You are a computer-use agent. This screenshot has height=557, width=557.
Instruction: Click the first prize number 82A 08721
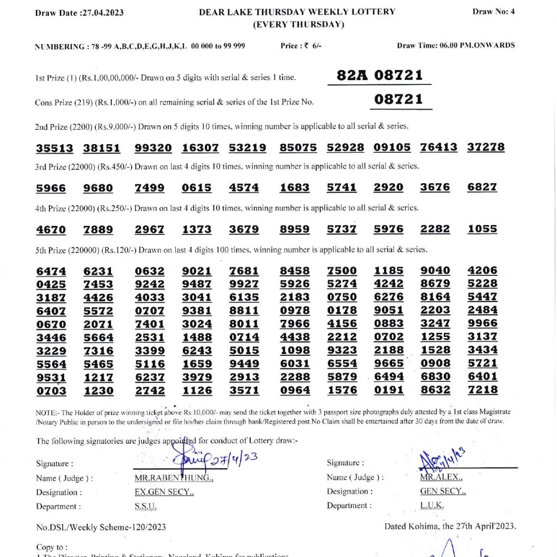379,75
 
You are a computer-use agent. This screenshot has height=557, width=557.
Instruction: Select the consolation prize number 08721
398,100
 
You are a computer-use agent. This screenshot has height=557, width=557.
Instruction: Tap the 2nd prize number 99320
153,147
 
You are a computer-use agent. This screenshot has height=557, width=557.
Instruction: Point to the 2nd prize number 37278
486,147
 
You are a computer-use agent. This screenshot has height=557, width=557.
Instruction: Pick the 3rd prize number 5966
51,188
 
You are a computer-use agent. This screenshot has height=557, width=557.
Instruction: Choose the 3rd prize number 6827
482,187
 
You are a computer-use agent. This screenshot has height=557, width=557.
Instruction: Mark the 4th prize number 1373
196,230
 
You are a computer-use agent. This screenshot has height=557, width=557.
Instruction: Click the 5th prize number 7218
482,390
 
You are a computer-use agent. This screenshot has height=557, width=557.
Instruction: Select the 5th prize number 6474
51,271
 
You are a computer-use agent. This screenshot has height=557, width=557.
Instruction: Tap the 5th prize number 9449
244,363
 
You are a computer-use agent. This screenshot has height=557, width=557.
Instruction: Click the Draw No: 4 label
493,11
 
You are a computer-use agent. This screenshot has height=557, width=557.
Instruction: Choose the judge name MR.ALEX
441,477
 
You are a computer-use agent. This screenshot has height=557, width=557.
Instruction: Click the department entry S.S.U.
145,506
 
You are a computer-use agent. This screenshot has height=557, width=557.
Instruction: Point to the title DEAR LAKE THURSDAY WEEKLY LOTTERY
297,11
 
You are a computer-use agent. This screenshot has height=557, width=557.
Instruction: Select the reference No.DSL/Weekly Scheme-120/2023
101,527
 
